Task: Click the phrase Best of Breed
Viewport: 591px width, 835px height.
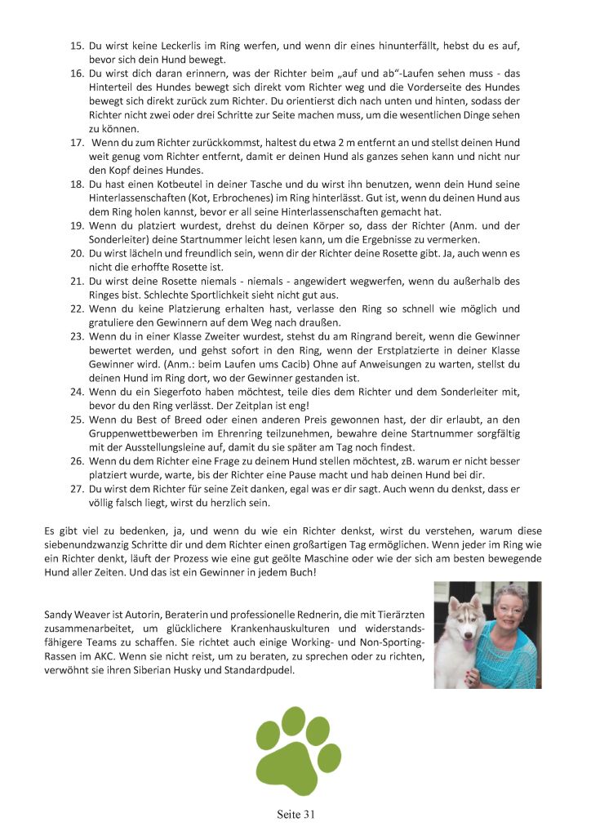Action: coord(165,420)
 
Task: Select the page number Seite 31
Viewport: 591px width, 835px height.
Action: coord(295,815)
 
